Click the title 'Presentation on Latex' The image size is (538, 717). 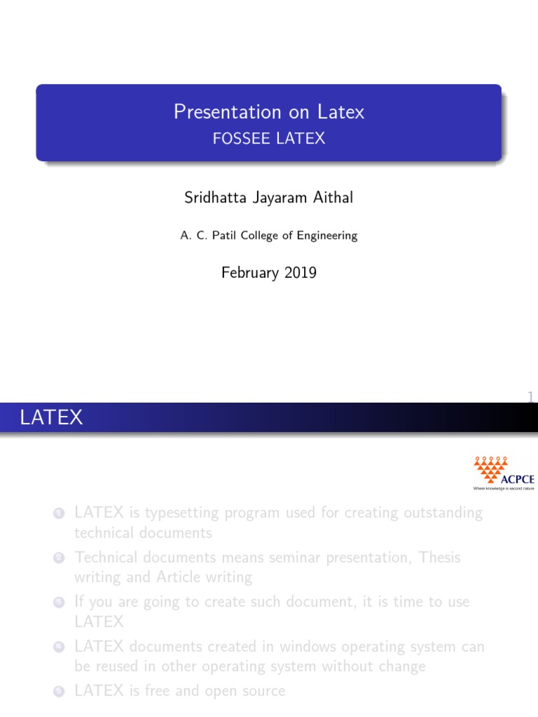pos(269,112)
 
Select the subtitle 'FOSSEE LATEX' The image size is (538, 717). pos(269,138)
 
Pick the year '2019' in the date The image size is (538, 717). pos(301,272)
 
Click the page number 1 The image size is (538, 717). pos(531,398)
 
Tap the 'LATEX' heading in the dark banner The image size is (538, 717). pos(52,419)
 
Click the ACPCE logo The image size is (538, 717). pos(504,473)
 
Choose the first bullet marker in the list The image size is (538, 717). pos(60,514)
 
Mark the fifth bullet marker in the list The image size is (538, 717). pos(60,692)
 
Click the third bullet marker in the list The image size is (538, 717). pos(60,603)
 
